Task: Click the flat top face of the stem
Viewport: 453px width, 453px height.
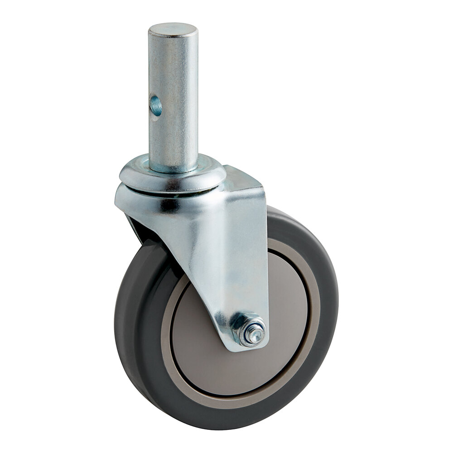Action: (173, 30)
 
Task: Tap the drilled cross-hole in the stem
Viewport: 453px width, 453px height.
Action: (156, 106)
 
